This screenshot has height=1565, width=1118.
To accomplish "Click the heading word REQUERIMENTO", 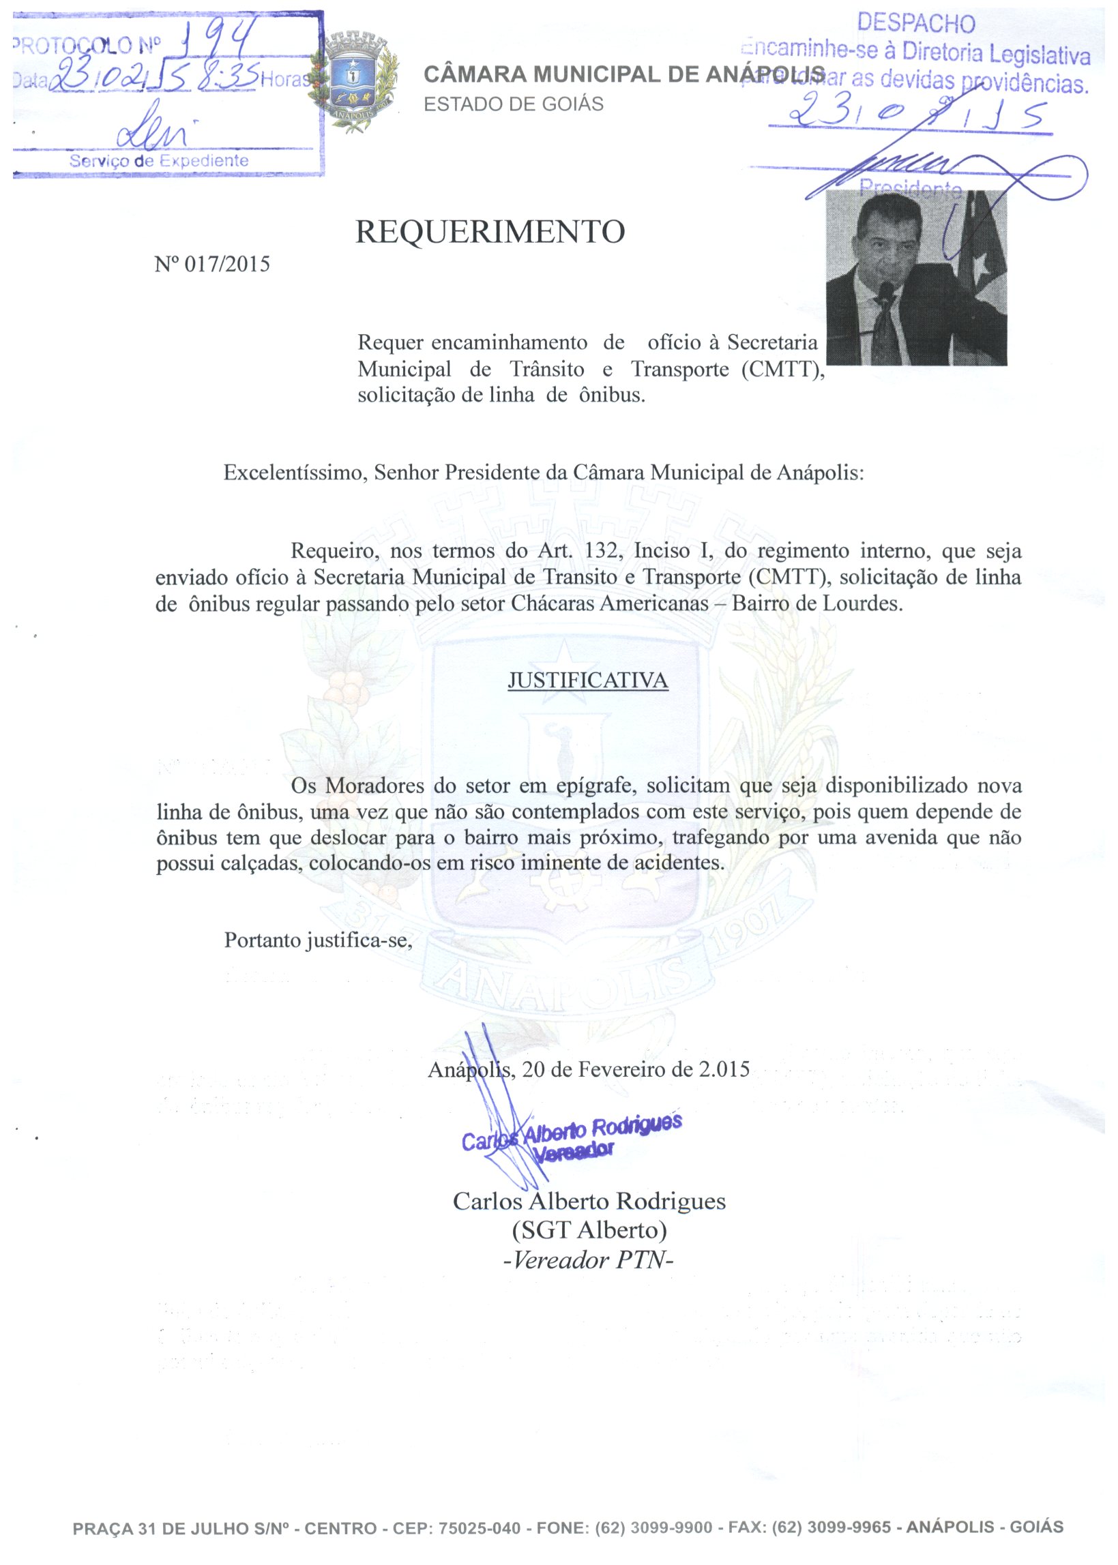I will coord(490,232).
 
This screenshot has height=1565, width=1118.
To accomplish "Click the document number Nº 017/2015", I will coord(212,265).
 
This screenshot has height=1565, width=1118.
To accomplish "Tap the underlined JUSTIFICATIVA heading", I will coord(588,681).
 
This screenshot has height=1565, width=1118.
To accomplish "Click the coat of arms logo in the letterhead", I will coord(353,81).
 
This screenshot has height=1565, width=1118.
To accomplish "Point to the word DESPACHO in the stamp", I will coord(915,23).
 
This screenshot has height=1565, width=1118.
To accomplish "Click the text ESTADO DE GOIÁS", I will coord(513,104).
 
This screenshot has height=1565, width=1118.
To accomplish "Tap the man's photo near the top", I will coord(915,278).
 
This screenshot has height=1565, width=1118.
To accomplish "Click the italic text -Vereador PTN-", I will coord(589,1260).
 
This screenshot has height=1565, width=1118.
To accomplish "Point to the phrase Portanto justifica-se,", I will coord(318,940).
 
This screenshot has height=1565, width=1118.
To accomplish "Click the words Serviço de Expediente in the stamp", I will coord(159,161).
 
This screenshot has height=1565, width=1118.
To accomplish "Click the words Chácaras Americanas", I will coord(610,603).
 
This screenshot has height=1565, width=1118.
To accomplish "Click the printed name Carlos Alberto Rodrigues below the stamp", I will coord(589,1200).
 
